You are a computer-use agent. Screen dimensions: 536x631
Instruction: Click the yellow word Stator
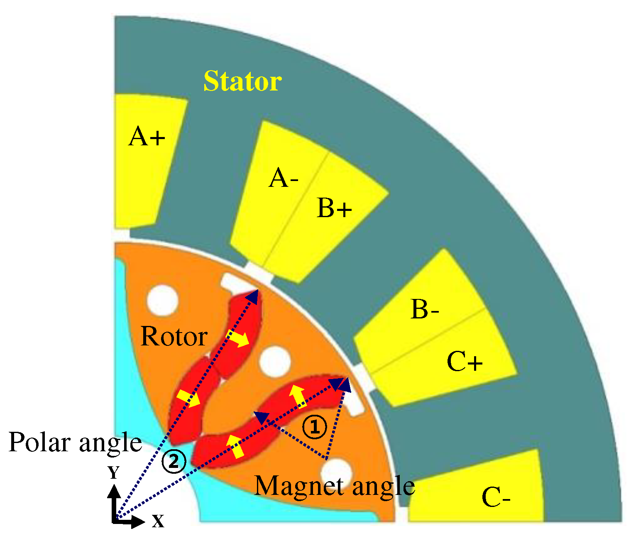pyautogui.click(x=242, y=81)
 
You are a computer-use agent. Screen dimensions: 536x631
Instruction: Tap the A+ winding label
pyautogui.click(x=147, y=137)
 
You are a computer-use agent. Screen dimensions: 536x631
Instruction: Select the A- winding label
pyautogui.click(x=284, y=179)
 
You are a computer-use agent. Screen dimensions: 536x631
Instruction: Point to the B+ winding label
pyautogui.click(x=334, y=208)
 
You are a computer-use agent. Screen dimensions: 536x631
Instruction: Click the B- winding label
pyautogui.click(x=425, y=310)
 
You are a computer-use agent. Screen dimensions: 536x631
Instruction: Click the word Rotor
pyautogui.click(x=174, y=336)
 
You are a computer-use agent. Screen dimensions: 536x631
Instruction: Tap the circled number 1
pyautogui.click(x=314, y=428)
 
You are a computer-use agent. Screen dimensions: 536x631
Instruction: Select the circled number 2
pyautogui.click(x=174, y=461)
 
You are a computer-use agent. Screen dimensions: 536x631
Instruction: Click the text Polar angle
pyautogui.click(x=75, y=443)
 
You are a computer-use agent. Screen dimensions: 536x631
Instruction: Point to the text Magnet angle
pyautogui.click(x=334, y=485)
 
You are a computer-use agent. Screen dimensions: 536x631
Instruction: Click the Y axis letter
pyautogui.click(x=114, y=472)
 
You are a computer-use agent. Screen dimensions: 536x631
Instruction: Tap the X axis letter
pyautogui.click(x=158, y=521)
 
